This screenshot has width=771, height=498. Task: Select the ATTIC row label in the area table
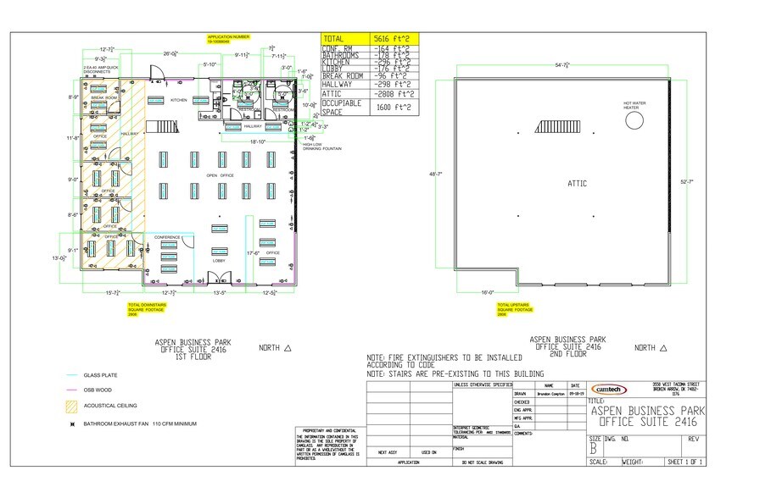(x=333, y=93)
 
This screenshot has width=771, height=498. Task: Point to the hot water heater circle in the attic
(x=634, y=120)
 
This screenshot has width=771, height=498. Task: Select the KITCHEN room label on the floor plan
(x=179, y=100)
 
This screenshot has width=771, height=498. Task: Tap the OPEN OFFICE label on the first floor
(x=220, y=175)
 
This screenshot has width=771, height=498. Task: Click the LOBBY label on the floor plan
(x=218, y=260)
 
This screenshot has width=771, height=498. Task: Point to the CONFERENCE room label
(x=167, y=236)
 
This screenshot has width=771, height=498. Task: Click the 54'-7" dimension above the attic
(x=561, y=64)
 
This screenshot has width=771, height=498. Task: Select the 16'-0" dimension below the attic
(x=487, y=292)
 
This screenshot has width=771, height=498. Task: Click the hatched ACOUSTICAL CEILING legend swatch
(x=72, y=406)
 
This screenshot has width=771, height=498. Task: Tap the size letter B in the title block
(x=593, y=449)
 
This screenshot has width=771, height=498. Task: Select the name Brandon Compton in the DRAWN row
(x=548, y=394)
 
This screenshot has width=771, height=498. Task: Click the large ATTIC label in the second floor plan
(x=577, y=183)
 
